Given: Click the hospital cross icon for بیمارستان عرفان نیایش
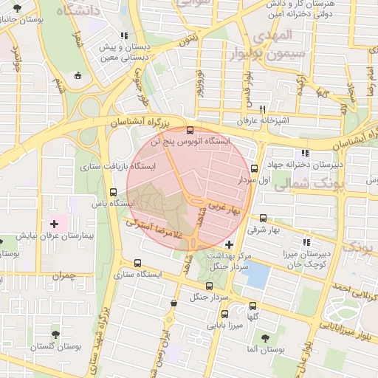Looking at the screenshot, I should click(x=53, y=223).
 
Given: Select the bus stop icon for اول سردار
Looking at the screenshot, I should click(x=255, y=168).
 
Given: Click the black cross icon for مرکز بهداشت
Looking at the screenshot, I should click(x=229, y=244).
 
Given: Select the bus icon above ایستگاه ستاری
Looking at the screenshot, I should click(x=137, y=263).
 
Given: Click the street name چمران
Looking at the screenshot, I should click(x=65, y=278).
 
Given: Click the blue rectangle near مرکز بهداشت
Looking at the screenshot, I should click(x=256, y=275).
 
